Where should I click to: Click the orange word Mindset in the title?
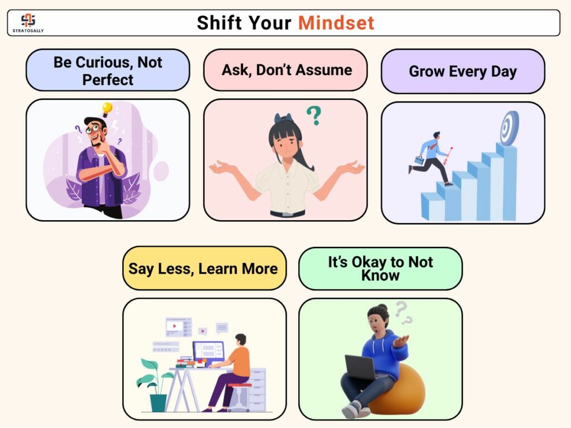tap(336, 23)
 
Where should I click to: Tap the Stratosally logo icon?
tap(28, 20)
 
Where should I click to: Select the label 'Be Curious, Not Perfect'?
tap(108, 70)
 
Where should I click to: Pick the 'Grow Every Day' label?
tap(463, 71)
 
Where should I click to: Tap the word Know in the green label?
tap(380, 275)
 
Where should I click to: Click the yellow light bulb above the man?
tap(107, 109)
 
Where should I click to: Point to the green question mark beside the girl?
tap(314, 115)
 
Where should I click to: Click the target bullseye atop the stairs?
tap(510, 128)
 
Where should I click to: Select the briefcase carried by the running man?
tap(419, 160)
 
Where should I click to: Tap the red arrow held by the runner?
tap(448, 156)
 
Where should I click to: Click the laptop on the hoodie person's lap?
tap(361, 367)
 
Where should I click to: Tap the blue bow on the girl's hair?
tap(283, 118)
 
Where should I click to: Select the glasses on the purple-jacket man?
tap(93, 128)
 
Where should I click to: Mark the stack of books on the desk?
tap(186, 362)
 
